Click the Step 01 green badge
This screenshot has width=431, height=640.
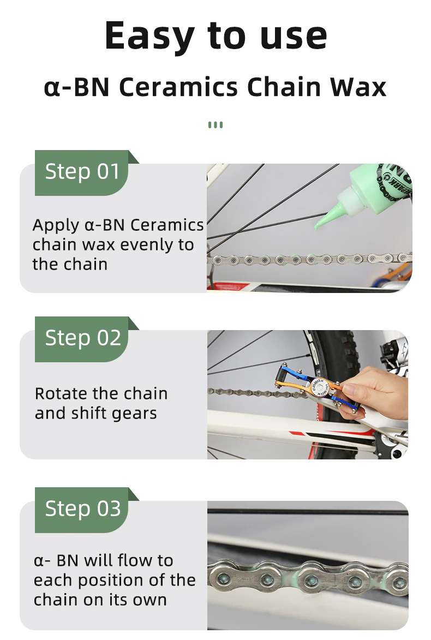click(82, 172)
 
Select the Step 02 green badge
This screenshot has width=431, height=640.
click(82, 338)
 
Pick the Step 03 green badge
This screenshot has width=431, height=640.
click(82, 509)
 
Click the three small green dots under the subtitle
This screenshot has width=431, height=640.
click(215, 125)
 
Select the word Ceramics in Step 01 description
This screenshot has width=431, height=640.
click(166, 225)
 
